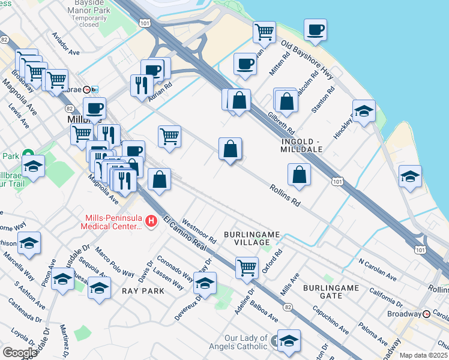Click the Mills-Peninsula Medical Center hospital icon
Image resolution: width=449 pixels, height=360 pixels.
click(151, 222)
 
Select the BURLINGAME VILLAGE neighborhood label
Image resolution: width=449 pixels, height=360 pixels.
click(247, 237)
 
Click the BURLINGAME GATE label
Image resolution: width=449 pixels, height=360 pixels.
click(331, 292)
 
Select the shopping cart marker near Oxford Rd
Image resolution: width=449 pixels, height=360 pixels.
click(247, 268)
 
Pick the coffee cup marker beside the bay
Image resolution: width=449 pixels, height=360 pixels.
click(315, 29)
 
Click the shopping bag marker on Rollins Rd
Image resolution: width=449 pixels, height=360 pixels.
click(299, 174)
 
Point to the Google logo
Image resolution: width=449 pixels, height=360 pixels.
click(19, 353)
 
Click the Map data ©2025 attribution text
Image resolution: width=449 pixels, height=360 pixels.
click(423, 355)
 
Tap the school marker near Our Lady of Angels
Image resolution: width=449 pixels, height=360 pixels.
click(289, 340)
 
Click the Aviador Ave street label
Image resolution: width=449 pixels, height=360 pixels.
click(66, 44)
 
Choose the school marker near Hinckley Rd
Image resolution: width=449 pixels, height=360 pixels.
click(364, 111)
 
